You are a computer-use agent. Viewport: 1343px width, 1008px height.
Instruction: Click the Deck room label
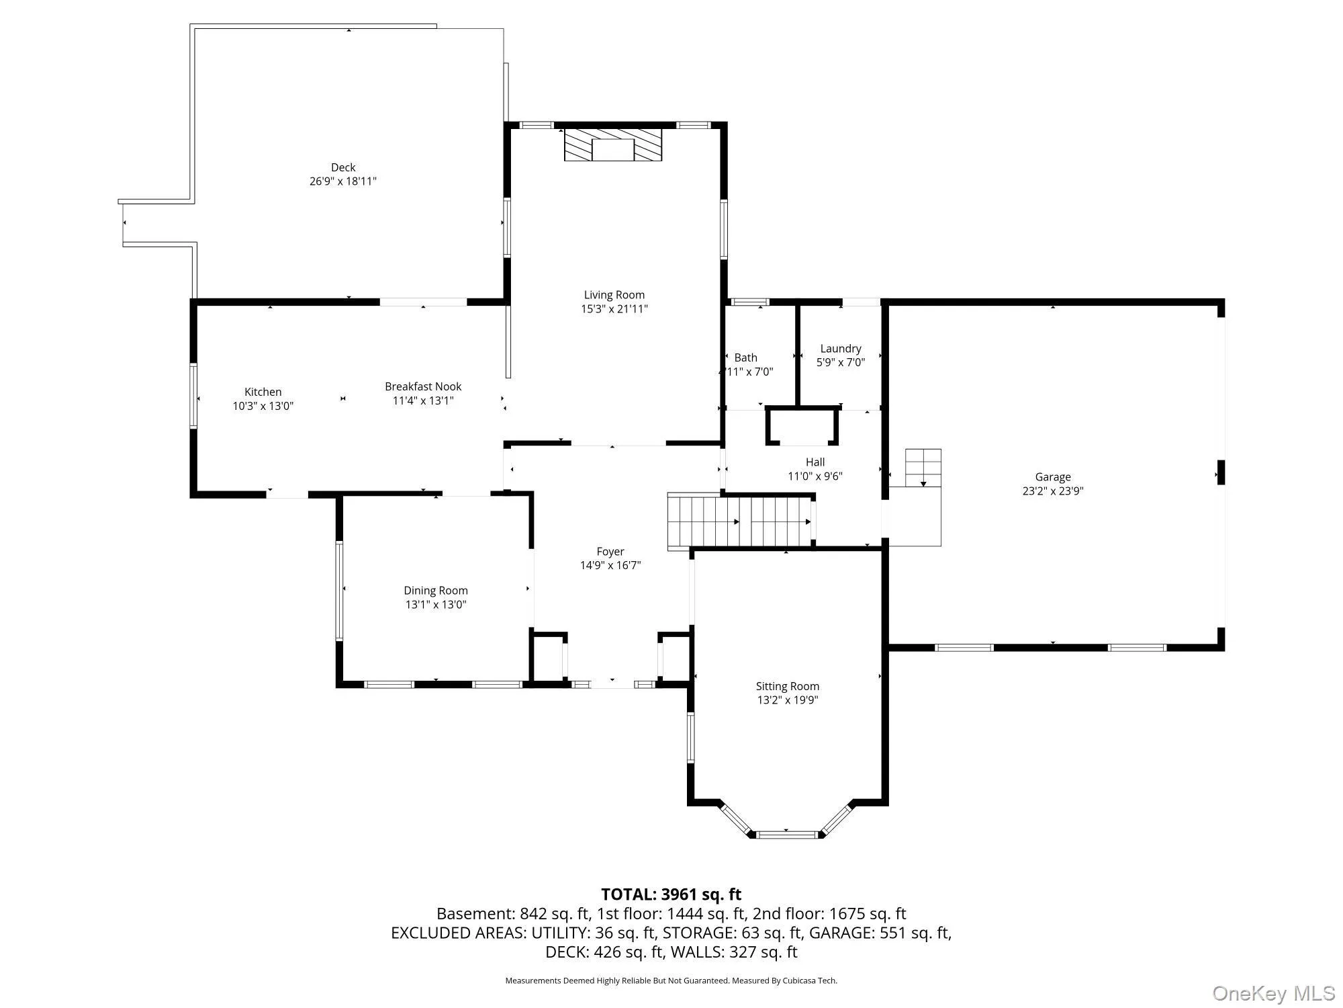343,167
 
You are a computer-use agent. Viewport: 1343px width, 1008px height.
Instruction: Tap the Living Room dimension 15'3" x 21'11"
614,309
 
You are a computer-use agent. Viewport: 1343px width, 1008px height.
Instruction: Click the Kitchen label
263,392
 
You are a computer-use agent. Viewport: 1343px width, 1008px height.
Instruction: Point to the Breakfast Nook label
423,386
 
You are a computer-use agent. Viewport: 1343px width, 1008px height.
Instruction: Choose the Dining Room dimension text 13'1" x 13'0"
436,604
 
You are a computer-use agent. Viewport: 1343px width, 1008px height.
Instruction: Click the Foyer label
610,552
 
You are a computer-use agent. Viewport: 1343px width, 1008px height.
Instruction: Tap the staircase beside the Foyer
741,522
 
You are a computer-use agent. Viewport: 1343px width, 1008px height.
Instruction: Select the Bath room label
746,358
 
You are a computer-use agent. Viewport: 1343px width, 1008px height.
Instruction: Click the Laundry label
841,349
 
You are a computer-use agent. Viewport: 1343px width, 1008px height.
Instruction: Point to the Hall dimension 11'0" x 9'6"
815,476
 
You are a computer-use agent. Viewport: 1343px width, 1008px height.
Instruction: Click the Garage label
1053,477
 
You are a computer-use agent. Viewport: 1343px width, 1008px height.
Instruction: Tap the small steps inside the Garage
923,468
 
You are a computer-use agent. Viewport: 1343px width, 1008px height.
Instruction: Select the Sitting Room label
788,686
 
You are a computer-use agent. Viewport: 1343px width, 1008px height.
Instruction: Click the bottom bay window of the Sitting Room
786,835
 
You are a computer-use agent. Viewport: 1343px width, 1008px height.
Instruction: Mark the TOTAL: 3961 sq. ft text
671,894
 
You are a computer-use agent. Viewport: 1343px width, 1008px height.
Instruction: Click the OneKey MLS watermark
1274,993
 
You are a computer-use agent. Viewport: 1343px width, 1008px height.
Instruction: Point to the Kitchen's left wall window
193,396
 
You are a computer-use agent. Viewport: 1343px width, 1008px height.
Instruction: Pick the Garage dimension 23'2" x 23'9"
1053,491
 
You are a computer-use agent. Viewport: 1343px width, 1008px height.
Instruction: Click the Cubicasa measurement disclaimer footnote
671,980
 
